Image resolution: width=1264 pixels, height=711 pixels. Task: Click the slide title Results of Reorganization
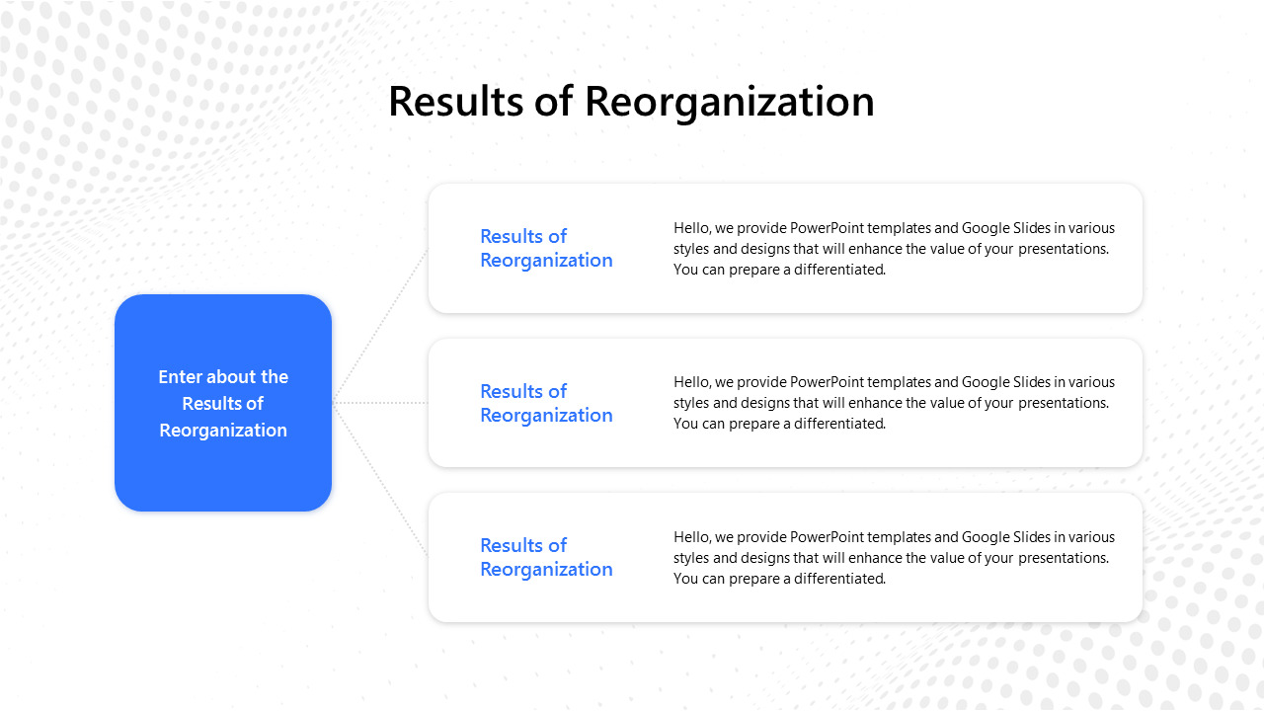click(x=631, y=102)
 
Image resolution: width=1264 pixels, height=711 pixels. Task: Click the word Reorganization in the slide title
click(x=729, y=102)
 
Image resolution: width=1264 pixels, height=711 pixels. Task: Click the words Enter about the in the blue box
click(x=223, y=376)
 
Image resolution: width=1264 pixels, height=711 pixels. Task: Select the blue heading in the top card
click(x=546, y=248)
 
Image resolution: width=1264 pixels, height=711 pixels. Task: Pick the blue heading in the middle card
click(x=546, y=403)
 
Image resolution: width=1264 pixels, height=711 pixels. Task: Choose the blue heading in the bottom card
click(x=546, y=557)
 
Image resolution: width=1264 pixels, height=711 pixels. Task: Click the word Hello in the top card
click(x=690, y=228)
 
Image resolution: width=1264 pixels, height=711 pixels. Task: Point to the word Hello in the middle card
click(x=690, y=382)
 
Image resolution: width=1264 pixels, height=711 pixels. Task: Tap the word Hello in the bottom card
click(x=690, y=537)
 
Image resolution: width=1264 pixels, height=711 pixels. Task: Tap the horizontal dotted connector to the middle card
click(x=380, y=403)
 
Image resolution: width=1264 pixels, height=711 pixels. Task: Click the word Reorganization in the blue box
click(x=223, y=431)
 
